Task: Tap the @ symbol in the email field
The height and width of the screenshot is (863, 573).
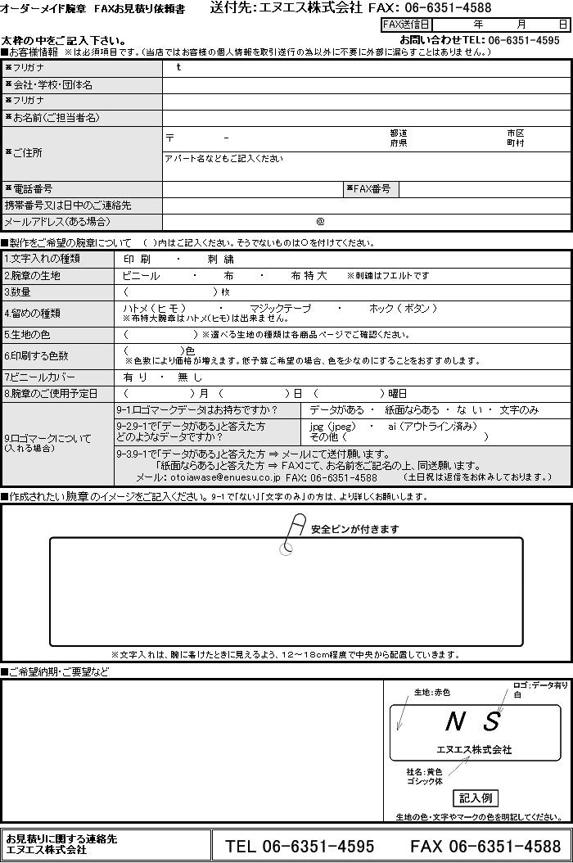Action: [x=320, y=221]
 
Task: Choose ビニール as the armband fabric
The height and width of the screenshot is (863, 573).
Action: [x=141, y=276]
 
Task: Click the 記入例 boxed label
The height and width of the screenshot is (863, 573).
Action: [x=476, y=797]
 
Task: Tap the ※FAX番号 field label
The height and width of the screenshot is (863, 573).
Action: [x=372, y=189]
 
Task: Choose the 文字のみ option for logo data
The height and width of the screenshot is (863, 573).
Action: [x=519, y=409]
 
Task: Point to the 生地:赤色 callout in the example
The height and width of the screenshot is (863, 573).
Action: [x=432, y=692]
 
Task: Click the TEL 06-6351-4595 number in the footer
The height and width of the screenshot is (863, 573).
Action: [x=300, y=846]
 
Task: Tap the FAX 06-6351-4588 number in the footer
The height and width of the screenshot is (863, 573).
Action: [x=485, y=846]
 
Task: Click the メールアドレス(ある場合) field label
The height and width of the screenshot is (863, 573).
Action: [x=56, y=222]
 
